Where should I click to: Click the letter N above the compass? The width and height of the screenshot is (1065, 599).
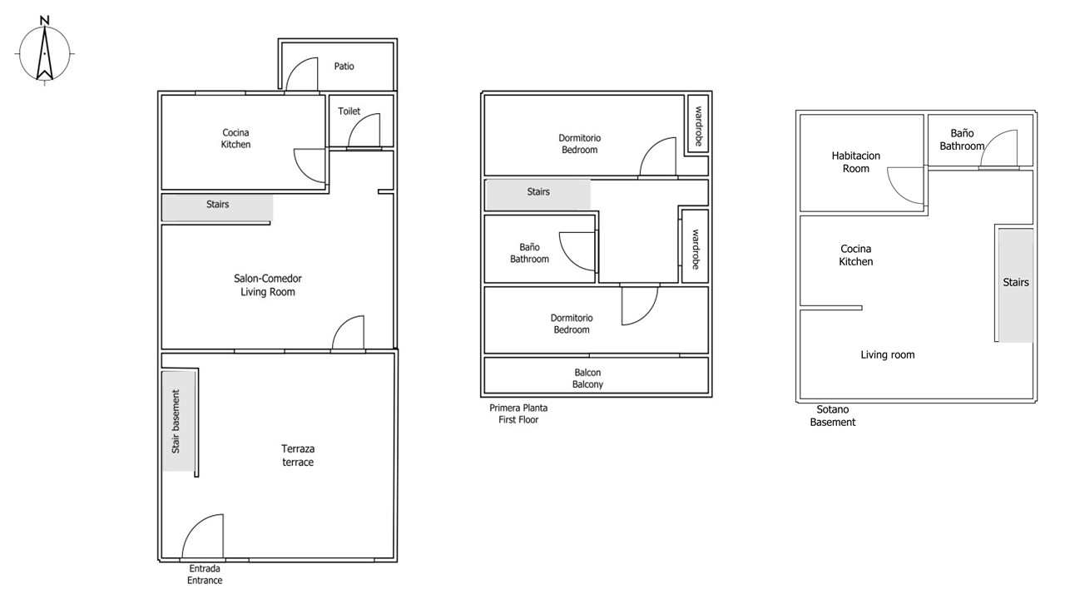(44, 20)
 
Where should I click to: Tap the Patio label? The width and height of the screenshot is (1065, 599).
(344, 66)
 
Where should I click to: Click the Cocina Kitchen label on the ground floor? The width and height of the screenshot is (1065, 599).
(235, 138)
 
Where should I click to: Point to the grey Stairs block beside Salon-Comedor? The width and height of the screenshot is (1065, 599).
(217, 207)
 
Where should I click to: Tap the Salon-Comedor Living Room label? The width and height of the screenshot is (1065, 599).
(268, 285)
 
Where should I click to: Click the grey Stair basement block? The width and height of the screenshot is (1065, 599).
(178, 421)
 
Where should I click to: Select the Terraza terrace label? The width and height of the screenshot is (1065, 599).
(298, 455)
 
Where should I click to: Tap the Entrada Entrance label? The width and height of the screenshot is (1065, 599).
(205, 574)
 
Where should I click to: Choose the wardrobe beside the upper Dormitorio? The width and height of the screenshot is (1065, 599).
(698, 124)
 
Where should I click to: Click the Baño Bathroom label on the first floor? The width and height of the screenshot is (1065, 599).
(529, 253)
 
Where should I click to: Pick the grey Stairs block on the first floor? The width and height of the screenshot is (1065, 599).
(537, 195)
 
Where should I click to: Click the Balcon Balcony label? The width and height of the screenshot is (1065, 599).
(587, 379)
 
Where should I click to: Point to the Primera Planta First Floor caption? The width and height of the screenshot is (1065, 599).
(518, 413)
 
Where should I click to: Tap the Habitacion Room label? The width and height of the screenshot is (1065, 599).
(856, 161)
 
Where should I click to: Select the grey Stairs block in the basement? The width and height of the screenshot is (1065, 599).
(1016, 285)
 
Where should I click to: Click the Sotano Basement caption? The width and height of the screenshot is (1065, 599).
(833, 415)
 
